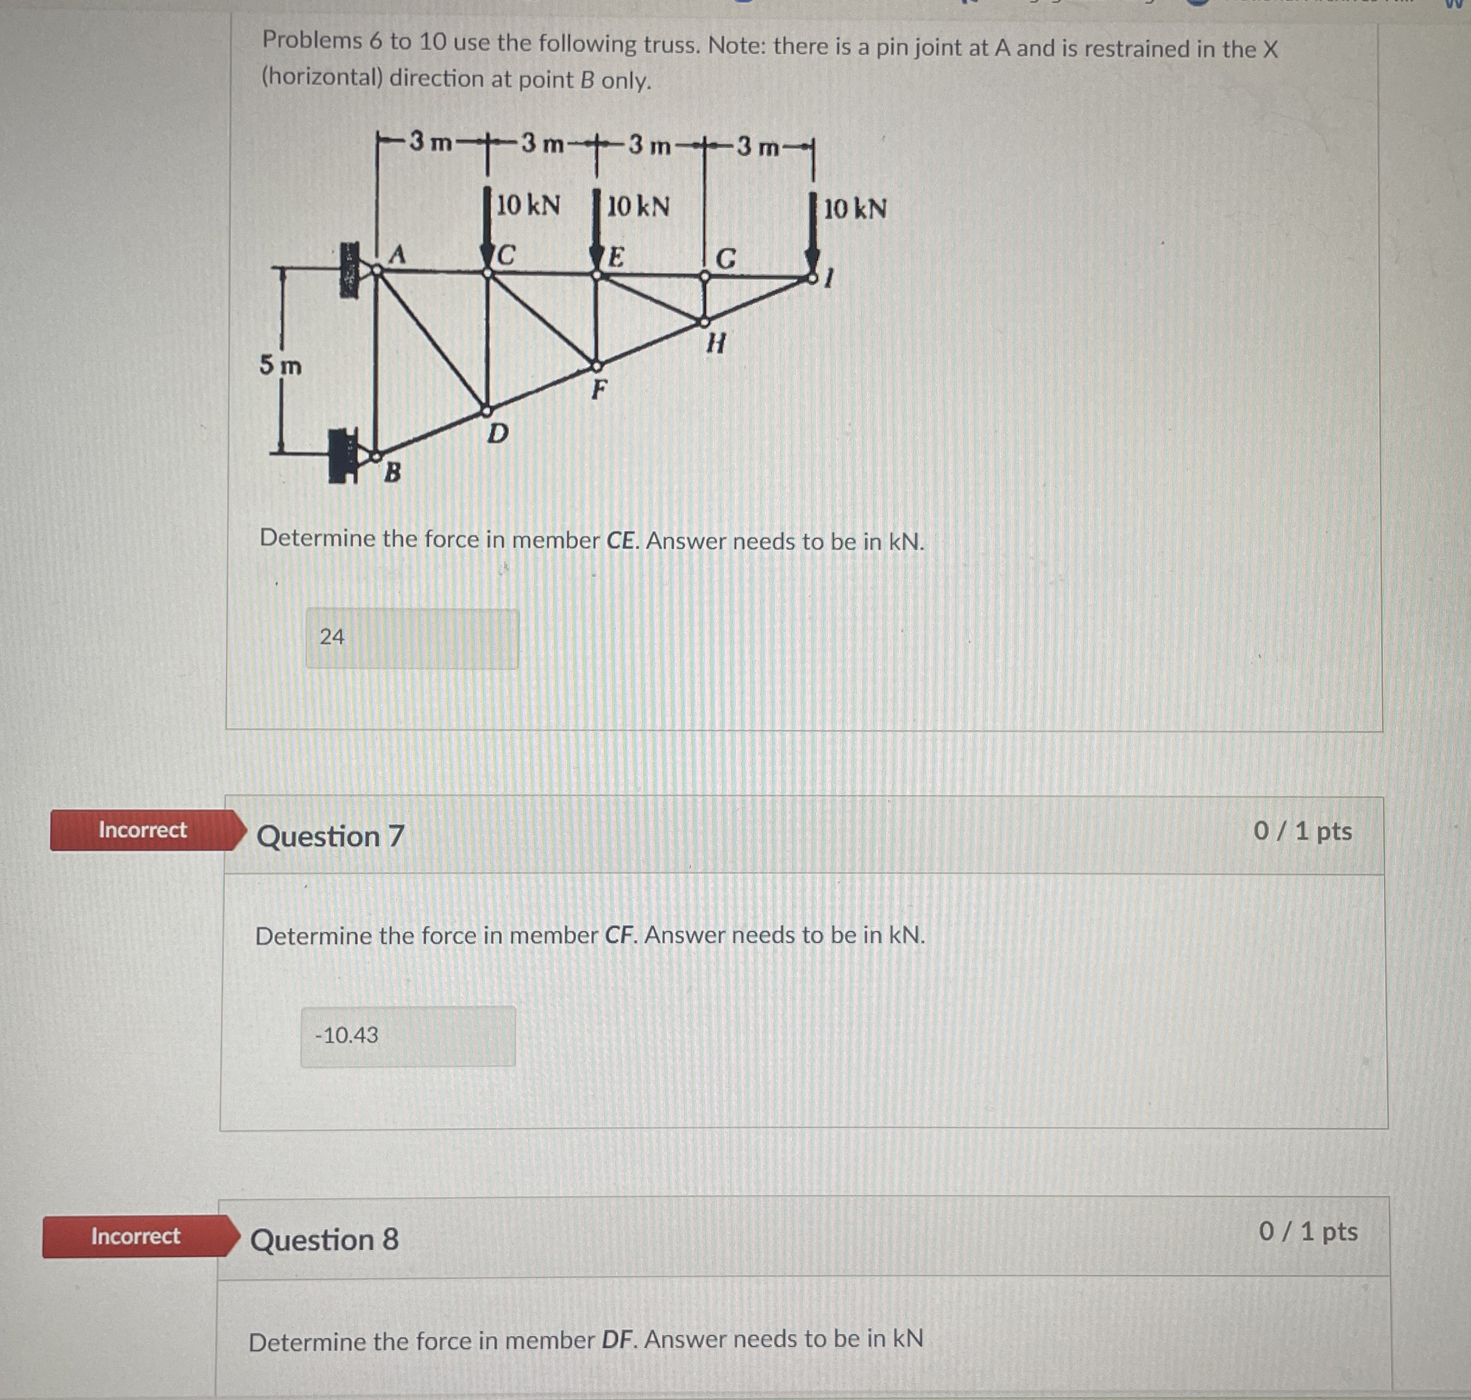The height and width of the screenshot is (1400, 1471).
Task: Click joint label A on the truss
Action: pyautogui.click(x=398, y=255)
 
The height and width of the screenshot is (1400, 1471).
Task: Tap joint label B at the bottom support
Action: pyautogui.click(x=392, y=472)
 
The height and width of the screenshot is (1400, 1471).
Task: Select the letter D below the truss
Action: pyautogui.click(x=498, y=433)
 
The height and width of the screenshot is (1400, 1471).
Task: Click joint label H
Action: pyautogui.click(x=715, y=343)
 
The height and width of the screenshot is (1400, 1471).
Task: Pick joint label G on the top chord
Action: pyautogui.click(x=726, y=259)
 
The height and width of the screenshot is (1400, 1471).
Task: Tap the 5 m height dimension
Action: pyautogui.click(x=281, y=366)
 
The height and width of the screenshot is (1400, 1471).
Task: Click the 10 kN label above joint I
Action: pyautogui.click(x=855, y=209)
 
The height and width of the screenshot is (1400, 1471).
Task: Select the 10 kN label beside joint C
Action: pyautogui.click(x=528, y=205)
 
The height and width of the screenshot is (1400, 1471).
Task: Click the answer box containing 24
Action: pyautogui.click(x=412, y=638)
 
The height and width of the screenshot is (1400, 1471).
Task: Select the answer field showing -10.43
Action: pyautogui.click(x=408, y=1036)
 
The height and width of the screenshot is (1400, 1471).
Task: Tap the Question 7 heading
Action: pyautogui.click(x=331, y=837)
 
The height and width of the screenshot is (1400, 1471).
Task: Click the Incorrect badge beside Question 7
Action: pyautogui.click(x=143, y=830)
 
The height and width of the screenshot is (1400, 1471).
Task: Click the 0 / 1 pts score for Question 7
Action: pyautogui.click(x=1302, y=831)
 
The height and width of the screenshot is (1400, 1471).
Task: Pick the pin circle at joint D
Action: pyautogui.click(x=487, y=411)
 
